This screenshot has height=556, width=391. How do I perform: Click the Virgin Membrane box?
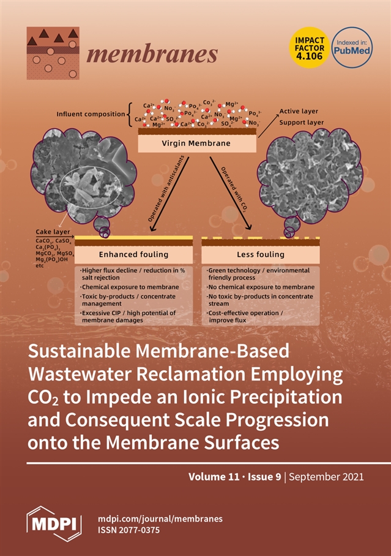[x=196, y=143]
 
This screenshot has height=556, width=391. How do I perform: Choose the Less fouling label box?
[x=260, y=254]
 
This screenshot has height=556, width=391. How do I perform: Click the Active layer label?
[x=299, y=112]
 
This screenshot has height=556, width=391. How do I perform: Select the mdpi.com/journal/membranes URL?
[x=160, y=519]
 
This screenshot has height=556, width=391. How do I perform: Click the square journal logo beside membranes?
[x=53, y=53]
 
